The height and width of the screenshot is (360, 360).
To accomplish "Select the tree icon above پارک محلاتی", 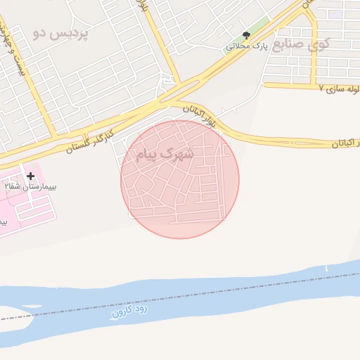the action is tap(246, 35).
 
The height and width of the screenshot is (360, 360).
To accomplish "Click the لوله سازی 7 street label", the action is tap(338, 89).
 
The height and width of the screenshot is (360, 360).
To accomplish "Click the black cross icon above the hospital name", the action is tap(30, 175).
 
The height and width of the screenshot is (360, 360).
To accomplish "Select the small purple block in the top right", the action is tap(337, 13).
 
